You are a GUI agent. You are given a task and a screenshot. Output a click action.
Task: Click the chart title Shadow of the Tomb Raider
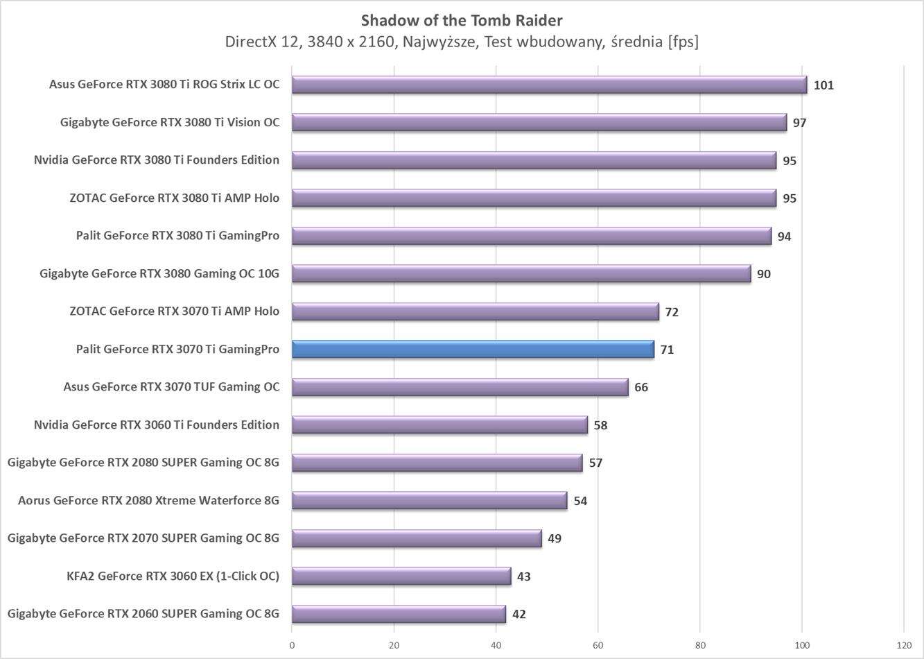pyautogui.click(x=462, y=19)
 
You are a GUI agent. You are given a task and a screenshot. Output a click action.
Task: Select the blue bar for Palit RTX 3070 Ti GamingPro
pyautogui.click(x=473, y=349)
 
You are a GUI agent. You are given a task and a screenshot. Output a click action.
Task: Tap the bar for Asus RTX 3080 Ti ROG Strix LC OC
pyautogui.click(x=549, y=85)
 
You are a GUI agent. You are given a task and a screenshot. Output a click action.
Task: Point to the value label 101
pyautogui.click(x=823, y=85)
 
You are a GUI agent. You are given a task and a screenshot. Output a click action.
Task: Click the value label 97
pyautogui.click(x=800, y=123)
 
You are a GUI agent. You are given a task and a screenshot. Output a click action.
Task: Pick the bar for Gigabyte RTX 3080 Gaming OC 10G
pyautogui.click(x=521, y=273)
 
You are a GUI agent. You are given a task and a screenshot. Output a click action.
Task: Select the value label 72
pyautogui.click(x=671, y=311)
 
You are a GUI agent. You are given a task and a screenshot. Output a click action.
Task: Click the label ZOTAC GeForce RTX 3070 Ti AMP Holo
pyautogui.click(x=174, y=311)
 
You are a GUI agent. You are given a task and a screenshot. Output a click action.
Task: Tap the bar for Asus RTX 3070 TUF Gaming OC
pyautogui.click(x=460, y=387)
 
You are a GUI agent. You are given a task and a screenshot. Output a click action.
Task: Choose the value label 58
pyautogui.click(x=600, y=425)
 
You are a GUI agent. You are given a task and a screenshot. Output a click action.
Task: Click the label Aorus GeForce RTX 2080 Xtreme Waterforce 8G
pyautogui.click(x=148, y=500)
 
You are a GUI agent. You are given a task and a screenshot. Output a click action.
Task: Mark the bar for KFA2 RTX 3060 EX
pyautogui.click(x=401, y=576)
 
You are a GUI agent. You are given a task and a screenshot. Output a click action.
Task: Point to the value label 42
pyautogui.click(x=518, y=614)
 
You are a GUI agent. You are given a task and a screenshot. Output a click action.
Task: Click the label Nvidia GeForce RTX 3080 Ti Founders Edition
pyautogui.click(x=157, y=160)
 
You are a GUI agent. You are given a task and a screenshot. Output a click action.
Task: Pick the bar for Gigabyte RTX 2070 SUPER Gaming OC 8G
pyautogui.click(x=416, y=538)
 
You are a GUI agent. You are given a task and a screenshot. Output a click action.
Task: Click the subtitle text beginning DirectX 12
pyautogui.click(x=462, y=42)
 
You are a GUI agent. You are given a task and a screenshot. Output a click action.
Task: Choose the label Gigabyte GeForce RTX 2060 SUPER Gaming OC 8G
pyautogui.click(x=143, y=613)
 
